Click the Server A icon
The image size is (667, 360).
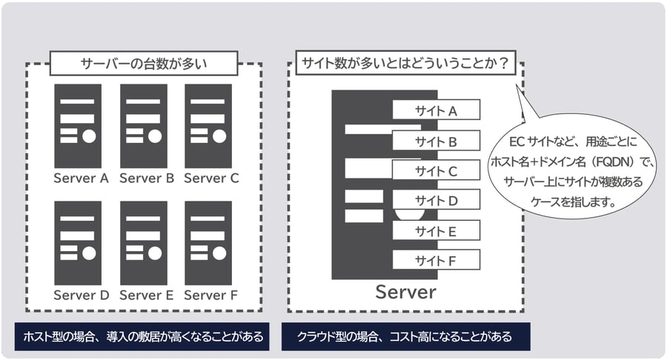tap(78, 126)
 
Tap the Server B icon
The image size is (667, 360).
tap(143, 126)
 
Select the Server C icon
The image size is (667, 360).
tap(208, 126)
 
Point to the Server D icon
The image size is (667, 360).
tap(78, 243)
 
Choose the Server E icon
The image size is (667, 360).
tap(143, 243)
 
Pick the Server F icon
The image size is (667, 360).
tap(208, 243)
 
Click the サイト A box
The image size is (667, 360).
tap(437, 110)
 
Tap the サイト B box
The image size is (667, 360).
tap(437, 141)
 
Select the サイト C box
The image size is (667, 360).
tap(437, 171)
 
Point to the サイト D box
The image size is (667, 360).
tap(437, 201)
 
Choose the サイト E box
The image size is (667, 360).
tap(437, 231)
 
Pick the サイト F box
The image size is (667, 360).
tap(437, 261)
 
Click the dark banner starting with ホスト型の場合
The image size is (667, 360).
tap(143, 337)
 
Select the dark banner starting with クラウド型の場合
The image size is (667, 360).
tap(404, 337)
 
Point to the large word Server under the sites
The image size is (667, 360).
tap(405, 292)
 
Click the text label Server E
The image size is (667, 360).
tap(146, 296)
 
